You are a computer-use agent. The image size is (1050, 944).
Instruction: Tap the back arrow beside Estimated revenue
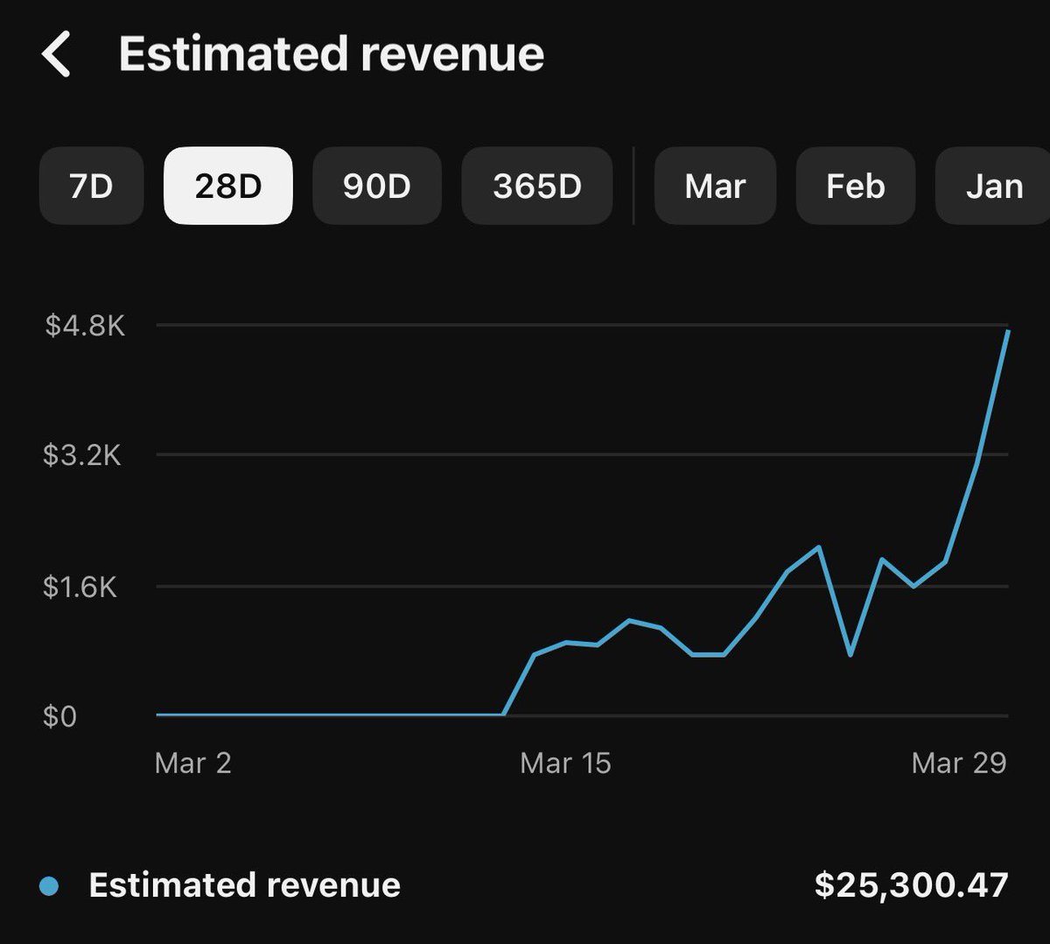point(55,53)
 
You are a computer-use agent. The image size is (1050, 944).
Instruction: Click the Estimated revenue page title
point(332,53)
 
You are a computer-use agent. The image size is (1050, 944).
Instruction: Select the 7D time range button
point(91,186)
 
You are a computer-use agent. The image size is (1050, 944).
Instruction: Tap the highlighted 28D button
point(228,186)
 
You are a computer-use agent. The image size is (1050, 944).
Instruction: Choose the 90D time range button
point(377,186)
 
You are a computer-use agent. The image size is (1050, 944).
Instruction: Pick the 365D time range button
point(537,186)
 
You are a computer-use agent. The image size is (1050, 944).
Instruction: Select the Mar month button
point(715,186)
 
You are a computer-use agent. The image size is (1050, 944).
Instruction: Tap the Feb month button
point(856,186)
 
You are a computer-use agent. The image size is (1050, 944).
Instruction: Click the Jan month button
point(993,186)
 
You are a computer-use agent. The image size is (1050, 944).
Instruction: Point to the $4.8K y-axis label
point(85,326)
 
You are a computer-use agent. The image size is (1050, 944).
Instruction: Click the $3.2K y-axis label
point(82,454)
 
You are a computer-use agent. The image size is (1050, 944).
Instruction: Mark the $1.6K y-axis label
point(80,587)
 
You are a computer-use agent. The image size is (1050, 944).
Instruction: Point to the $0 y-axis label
point(59,716)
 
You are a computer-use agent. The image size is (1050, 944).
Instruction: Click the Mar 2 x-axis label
point(192,763)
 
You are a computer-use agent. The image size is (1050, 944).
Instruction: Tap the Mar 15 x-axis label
point(565,763)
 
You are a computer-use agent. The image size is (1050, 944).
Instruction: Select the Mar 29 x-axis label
point(959,763)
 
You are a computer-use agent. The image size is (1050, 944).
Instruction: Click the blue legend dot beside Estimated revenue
point(49,886)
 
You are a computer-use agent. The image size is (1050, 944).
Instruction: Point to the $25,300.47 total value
point(912,884)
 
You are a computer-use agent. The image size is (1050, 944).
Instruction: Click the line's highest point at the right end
point(1008,331)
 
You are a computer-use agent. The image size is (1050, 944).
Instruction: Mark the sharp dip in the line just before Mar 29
point(850,655)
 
